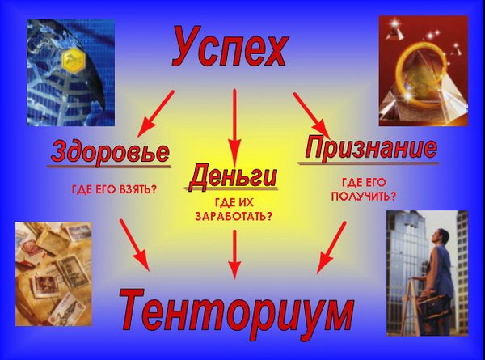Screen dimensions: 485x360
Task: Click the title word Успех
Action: (x=230, y=46)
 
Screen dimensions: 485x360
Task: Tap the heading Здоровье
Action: (x=110, y=151)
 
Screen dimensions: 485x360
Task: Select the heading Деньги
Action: (x=232, y=176)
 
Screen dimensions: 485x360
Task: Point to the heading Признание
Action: (x=370, y=148)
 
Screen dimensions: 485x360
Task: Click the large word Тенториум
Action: (x=237, y=310)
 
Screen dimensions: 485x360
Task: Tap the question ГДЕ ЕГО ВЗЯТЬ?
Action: (x=115, y=189)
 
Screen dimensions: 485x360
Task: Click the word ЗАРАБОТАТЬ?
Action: (x=234, y=216)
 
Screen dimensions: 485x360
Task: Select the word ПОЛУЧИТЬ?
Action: (x=364, y=196)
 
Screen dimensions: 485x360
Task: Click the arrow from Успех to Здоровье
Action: (x=155, y=113)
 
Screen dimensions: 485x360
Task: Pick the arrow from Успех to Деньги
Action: (x=234, y=128)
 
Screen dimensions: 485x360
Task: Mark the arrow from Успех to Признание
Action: (x=311, y=116)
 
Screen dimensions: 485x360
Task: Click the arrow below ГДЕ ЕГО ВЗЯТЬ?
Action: (x=134, y=245)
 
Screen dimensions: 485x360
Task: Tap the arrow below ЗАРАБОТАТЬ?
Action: (x=234, y=254)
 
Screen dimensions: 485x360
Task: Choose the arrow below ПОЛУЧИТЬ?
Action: (x=331, y=248)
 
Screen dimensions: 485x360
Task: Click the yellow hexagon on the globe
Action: (x=72, y=60)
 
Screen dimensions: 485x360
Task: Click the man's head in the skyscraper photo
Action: (x=443, y=237)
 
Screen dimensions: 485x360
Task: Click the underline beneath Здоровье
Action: (x=108, y=167)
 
